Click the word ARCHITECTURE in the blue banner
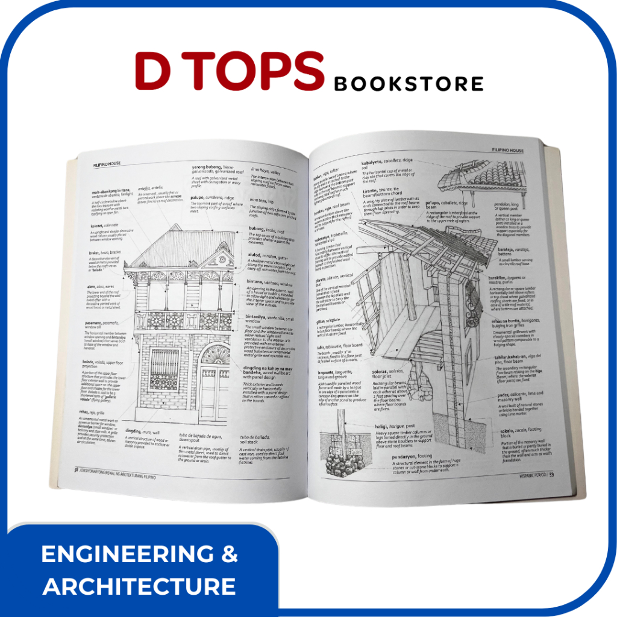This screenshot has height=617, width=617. [x=139, y=586]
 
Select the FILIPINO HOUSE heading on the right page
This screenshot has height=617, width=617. [x=507, y=150]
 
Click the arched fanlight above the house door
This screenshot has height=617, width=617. [x=215, y=355]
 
